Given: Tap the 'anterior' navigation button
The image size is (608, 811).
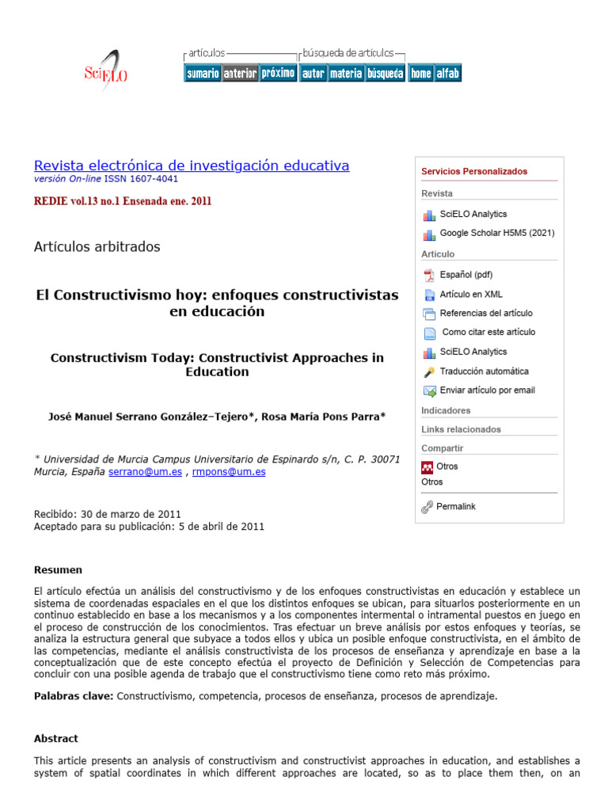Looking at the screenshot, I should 240,74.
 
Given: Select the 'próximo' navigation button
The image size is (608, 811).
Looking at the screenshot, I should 278,73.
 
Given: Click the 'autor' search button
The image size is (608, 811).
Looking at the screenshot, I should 313,74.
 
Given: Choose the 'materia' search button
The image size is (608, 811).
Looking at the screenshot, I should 345,74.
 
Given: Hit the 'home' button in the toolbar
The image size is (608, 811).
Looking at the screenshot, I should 420,74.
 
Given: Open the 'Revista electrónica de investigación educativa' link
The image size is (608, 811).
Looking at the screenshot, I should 191,166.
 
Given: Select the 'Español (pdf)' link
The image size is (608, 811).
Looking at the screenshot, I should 465,275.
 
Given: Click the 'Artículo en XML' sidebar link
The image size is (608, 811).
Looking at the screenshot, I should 471,294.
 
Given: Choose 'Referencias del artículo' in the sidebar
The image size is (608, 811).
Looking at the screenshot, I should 486,313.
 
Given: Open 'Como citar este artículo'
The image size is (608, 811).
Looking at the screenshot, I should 488,332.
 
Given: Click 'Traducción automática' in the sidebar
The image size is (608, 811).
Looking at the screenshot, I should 484,371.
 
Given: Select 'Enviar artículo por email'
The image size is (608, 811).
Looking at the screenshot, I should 487,390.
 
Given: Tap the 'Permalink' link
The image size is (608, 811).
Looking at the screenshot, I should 456,506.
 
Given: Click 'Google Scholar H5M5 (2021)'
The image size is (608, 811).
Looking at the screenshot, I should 496,233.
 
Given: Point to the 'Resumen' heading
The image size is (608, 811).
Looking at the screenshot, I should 58,569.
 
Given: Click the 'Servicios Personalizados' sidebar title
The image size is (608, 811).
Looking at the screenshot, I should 474,171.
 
